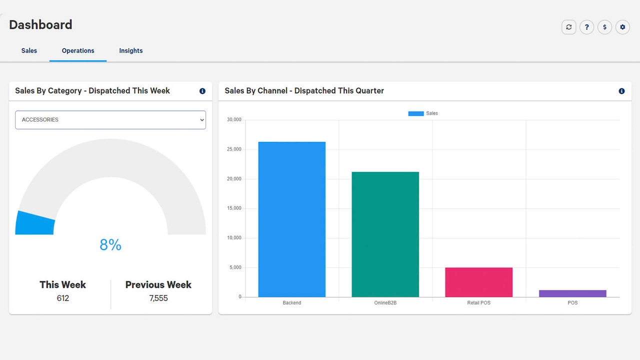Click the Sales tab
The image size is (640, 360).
point(29,50)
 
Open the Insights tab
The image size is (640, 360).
point(130,50)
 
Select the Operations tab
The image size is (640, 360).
point(78,50)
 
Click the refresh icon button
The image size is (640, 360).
point(568,27)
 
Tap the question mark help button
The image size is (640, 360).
point(586,27)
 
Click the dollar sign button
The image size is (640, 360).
point(604,27)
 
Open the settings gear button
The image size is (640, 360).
point(622,27)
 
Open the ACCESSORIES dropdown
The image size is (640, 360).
point(110,120)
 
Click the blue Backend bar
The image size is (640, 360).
point(291,219)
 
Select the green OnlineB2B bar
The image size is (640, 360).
point(385,234)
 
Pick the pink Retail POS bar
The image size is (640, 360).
point(478,282)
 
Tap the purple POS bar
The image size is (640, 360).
point(572,293)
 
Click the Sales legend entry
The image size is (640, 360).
point(423,113)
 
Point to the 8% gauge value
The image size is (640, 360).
point(110,244)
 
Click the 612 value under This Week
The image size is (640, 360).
point(63,298)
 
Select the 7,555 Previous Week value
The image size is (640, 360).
point(158,298)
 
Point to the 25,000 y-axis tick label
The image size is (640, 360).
point(234,149)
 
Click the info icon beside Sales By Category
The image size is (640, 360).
point(202,91)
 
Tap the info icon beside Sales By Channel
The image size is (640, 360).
point(621,91)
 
